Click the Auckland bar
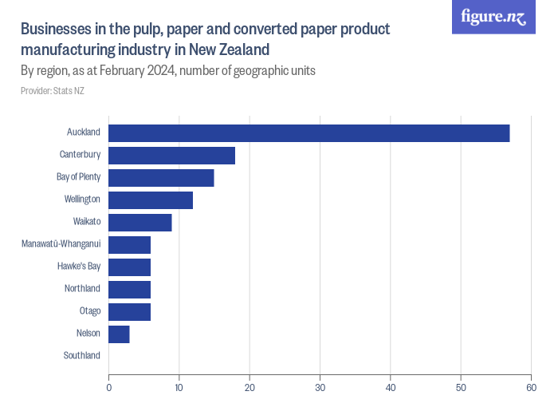[308, 133]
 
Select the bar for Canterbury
[171, 156]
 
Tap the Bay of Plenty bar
[161, 178]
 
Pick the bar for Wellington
[151, 200]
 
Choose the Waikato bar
[139, 223]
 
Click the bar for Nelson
[119, 334]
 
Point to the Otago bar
[129, 312]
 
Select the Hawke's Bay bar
[129, 267]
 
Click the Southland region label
[82, 355]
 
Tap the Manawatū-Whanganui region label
[61, 243]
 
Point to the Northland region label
[82, 288]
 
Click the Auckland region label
[84, 132]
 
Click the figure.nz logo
[493, 17]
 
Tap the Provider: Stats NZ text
[53, 91]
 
